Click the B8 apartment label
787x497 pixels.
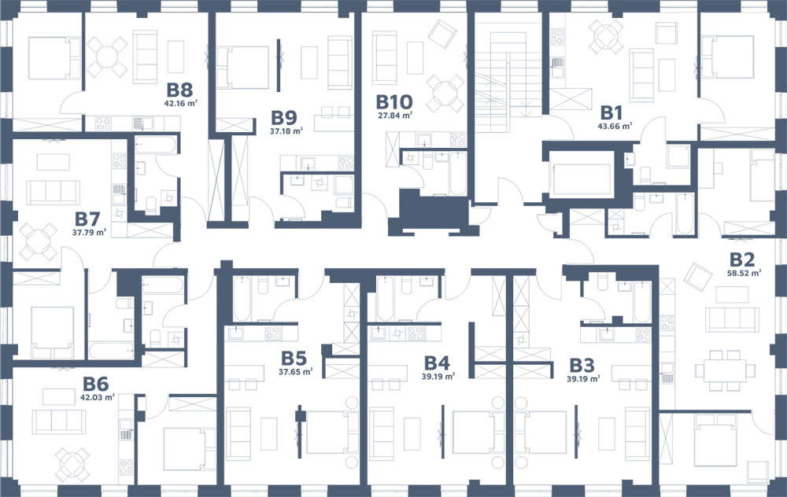(179, 90)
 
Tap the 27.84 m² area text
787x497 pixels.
(395, 115)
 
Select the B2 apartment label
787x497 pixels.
(742, 260)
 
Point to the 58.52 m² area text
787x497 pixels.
(744, 274)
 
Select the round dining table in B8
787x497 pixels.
(107, 57)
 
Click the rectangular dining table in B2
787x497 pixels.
(725, 370)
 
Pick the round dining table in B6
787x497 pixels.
(72, 465)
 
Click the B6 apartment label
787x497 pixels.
(95, 385)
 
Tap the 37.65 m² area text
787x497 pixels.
(296, 372)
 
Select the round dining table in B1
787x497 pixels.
(606, 36)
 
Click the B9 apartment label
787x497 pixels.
(284, 117)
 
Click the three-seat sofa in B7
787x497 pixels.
(54, 192)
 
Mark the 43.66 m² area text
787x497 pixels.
(615, 127)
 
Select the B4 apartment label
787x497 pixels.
(437, 363)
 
